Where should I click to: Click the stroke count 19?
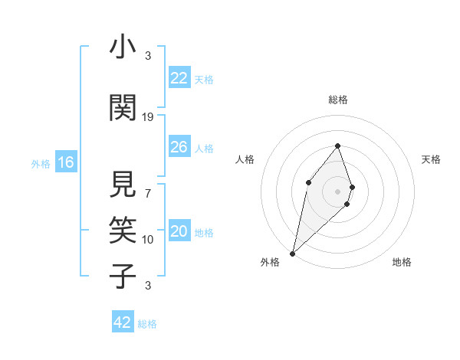[148, 117]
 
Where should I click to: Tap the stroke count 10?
[148, 240]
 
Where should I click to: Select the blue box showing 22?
[179, 78]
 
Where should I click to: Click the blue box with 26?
[179, 147]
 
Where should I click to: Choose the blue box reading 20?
[179, 232]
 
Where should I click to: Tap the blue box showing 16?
[66, 162]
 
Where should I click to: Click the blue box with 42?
[123, 322]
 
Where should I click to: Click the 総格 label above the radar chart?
[338, 100]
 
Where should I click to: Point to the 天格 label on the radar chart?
[431, 159]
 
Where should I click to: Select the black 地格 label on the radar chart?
[402, 262]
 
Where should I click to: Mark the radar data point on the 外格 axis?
[292, 253]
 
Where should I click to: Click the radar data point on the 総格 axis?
[338, 146]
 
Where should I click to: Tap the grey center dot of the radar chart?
[338, 191]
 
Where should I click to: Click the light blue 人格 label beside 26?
[204, 148]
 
